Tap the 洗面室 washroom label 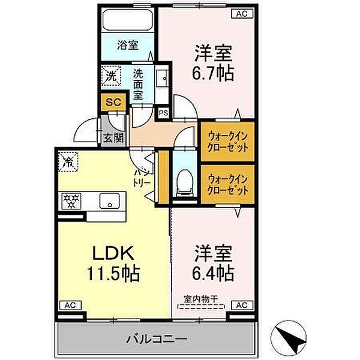pos(138,84)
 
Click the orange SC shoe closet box pos(113,102)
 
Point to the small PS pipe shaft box pos(163,112)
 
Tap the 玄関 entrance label pos(113,137)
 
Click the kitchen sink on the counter pos(109,201)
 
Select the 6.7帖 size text pos(212,73)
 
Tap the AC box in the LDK pos(68,305)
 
